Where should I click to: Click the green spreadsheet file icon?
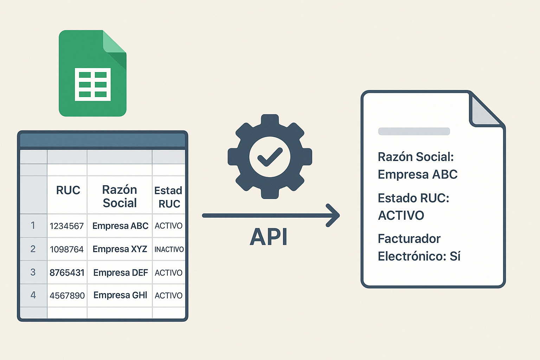[x=92, y=73]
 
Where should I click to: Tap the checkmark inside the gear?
[x=270, y=157]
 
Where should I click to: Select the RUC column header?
[x=68, y=190]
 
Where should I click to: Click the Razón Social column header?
[x=120, y=196]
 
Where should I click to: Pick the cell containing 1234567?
[x=67, y=226]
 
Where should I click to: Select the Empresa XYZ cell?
[x=120, y=249]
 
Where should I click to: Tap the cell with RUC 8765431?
[x=67, y=272]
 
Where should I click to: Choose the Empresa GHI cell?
[x=120, y=295]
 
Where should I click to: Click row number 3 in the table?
[x=33, y=272]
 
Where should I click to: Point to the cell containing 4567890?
[x=67, y=296]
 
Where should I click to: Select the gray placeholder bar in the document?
[x=414, y=131]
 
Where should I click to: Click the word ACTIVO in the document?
[x=401, y=216]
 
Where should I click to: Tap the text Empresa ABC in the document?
[x=418, y=174]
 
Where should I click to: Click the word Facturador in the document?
[x=409, y=239]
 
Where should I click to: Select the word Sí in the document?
[x=455, y=256]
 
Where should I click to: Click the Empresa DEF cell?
[x=120, y=273]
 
